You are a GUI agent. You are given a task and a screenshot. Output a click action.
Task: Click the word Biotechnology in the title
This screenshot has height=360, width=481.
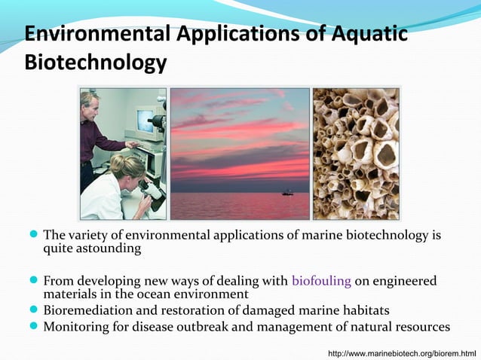tap(95, 63)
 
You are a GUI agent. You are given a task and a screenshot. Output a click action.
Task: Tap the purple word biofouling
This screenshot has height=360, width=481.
tap(321, 281)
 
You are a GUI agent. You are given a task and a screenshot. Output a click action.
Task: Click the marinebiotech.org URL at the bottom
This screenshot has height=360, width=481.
tap(401, 352)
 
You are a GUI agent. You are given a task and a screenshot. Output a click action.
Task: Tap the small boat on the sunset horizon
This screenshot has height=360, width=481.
tap(287, 193)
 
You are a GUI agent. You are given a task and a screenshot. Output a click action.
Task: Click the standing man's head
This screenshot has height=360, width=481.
tap(90, 101)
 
